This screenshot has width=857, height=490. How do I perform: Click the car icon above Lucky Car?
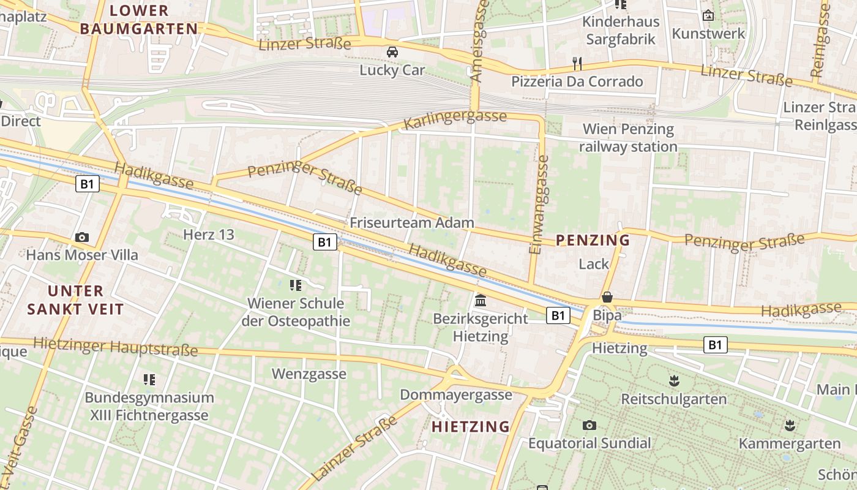392,52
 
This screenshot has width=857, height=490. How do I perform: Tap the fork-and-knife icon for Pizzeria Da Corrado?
576,63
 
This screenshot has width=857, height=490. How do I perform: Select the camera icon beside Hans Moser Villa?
81,237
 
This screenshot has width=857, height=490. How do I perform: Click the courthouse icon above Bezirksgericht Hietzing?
481,301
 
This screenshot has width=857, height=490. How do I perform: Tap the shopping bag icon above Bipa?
607,297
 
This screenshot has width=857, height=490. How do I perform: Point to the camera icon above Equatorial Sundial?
589,425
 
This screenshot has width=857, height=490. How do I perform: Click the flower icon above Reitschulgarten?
674,381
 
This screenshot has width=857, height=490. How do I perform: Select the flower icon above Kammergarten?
790,425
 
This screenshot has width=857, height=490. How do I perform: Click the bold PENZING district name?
593,240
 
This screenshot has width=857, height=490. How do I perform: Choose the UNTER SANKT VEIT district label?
75,300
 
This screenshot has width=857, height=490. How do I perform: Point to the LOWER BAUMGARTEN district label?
139,20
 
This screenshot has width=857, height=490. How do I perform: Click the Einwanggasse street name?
540,204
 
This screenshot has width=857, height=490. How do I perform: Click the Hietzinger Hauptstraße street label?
116,347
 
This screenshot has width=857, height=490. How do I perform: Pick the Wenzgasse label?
309,374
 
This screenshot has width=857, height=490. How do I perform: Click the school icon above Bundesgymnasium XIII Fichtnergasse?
149,380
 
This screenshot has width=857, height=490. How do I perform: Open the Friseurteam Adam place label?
412,222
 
